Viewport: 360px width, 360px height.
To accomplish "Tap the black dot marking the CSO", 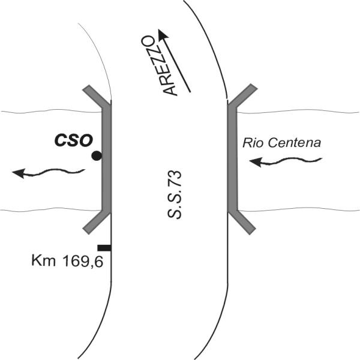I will click(x=96, y=156).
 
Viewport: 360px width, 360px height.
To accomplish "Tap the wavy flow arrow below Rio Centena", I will click(x=287, y=160).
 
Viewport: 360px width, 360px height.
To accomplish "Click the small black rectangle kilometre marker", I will click(x=104, y=247).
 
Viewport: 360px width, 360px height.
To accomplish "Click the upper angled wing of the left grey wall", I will click(x=96, y=97).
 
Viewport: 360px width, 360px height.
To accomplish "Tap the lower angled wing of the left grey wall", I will click(x=96, y=220).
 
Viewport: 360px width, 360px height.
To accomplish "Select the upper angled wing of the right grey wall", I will click(x=244, y=97).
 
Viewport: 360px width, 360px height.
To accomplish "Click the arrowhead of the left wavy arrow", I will click(x=18, y=173).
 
